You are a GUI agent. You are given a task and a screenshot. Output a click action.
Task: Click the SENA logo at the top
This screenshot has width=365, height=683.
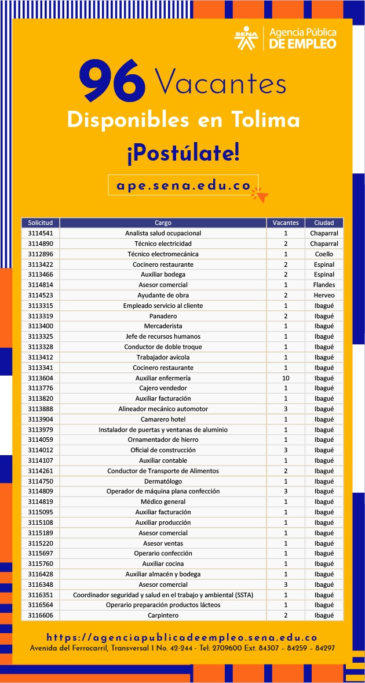246,38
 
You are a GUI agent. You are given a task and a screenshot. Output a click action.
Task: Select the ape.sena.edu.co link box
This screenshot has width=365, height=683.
183,186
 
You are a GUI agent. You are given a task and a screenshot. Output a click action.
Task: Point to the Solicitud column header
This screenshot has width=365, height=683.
41,223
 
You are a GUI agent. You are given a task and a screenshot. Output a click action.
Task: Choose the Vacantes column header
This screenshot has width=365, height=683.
286,223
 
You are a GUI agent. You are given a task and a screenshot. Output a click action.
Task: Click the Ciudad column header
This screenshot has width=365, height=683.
324,223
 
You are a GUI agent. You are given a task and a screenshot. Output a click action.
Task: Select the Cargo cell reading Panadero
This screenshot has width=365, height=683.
163,316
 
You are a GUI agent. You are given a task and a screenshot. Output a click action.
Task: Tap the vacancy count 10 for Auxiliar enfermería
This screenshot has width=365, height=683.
286,378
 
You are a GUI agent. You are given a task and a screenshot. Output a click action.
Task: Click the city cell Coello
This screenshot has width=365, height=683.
324,254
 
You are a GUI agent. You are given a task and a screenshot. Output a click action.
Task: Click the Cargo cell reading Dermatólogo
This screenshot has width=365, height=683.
163,481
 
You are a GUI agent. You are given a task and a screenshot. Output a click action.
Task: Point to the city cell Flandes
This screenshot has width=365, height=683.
324,285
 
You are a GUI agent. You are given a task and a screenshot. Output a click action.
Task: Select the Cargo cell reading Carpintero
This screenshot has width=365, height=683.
163,615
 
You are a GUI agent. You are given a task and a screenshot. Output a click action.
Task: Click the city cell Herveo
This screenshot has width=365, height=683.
324,295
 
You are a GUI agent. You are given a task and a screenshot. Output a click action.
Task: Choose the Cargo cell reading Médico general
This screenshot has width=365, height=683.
163,502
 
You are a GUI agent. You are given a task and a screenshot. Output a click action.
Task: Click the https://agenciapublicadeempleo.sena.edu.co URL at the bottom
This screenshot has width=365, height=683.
182,637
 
